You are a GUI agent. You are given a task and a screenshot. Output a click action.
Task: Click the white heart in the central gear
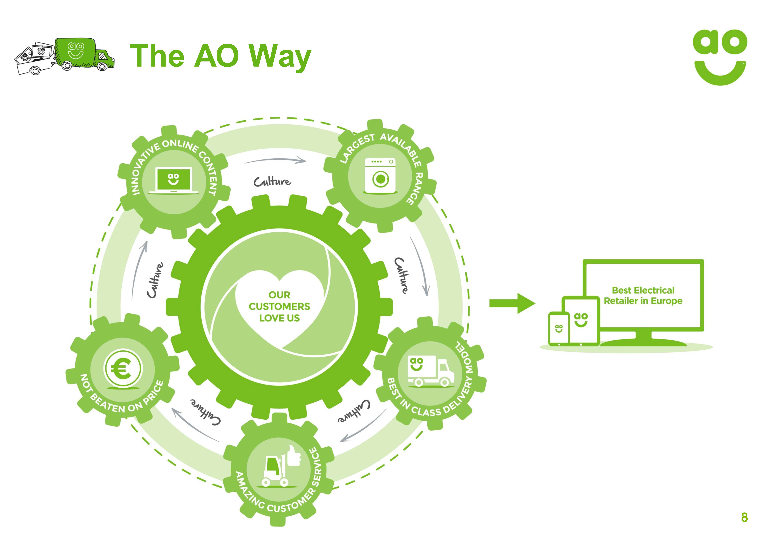[280, 305]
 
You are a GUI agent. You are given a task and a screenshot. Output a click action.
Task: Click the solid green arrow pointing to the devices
[512, 303]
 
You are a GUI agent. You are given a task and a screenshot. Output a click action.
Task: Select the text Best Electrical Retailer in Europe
[643, 295]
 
